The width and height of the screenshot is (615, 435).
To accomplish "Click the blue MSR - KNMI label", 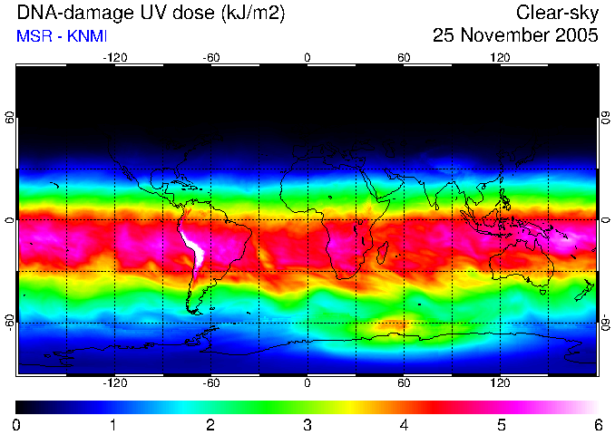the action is point(62,36).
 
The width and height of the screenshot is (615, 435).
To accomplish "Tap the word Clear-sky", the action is point(557,14).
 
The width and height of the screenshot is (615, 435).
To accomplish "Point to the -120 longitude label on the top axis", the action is point(115,58).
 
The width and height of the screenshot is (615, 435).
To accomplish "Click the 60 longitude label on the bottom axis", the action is point(404,382).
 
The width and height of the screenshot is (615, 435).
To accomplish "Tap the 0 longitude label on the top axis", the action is point(307,58).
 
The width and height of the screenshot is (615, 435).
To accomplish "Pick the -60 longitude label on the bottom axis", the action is point(211,382).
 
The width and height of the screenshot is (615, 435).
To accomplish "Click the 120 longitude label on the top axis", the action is point(500,58).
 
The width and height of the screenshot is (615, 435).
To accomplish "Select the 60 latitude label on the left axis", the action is point(11,118).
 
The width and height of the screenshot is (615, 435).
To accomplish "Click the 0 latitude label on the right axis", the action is point(606,220).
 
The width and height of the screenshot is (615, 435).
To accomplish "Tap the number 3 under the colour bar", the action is point(307,425).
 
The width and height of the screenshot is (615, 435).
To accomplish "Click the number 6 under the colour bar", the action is point(598,425).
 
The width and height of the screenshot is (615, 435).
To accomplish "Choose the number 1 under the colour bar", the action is point(113,425).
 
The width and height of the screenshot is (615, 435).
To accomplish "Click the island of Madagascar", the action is point(383,253).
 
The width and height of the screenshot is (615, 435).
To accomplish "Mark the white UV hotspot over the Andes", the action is point(194,245).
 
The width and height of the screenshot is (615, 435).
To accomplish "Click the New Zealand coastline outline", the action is point(584,290).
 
